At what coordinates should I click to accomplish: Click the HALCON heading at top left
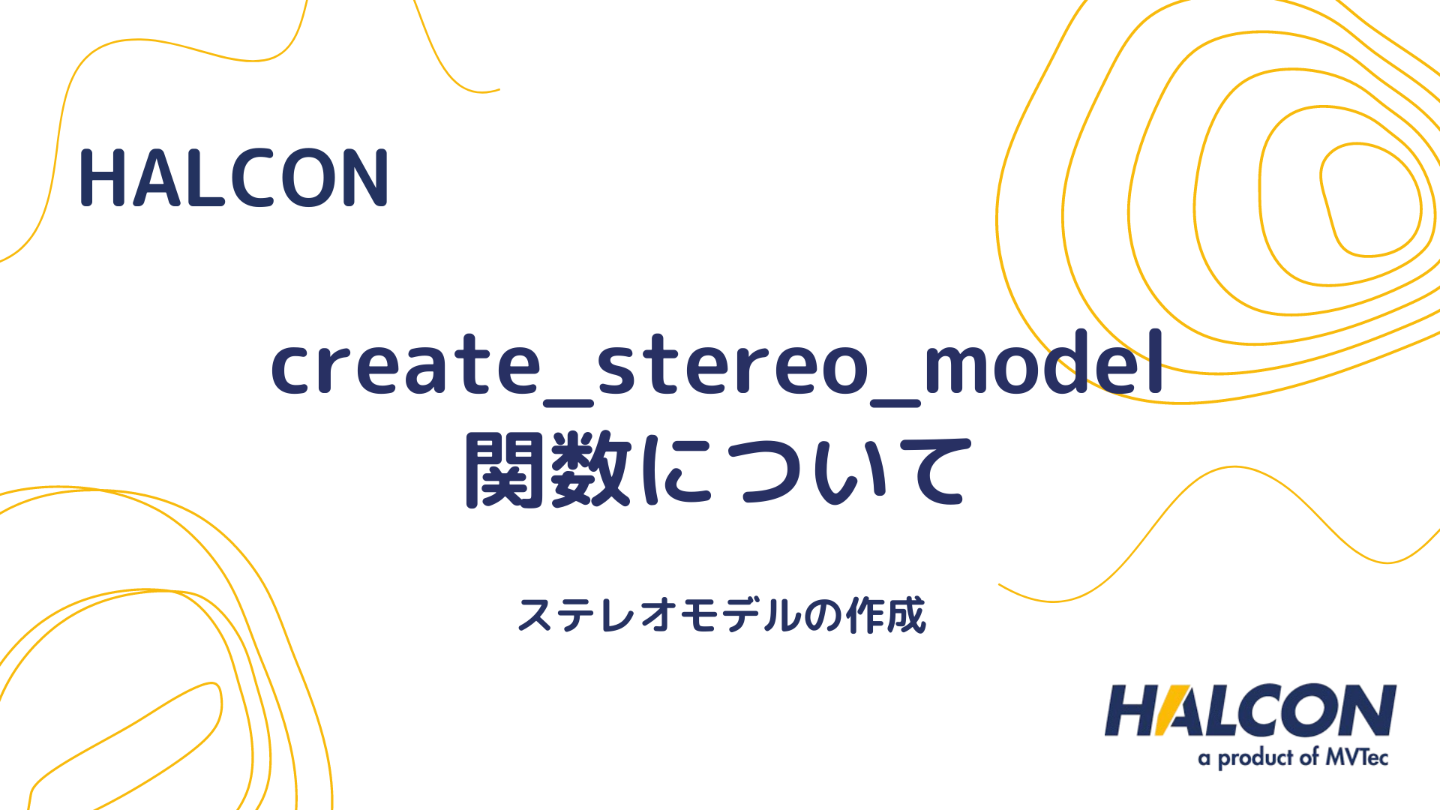pyautogui.click(x=233, y=178)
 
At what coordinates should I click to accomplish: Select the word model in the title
pyautogui.click(x=1044, y=363)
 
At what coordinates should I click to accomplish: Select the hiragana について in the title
pyautogui.click(x=806, y=471)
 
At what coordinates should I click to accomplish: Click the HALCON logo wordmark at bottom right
pyautogui.click(x=1249, y=710)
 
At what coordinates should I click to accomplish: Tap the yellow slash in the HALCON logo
pyautogui.click(x=1170, y=710)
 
